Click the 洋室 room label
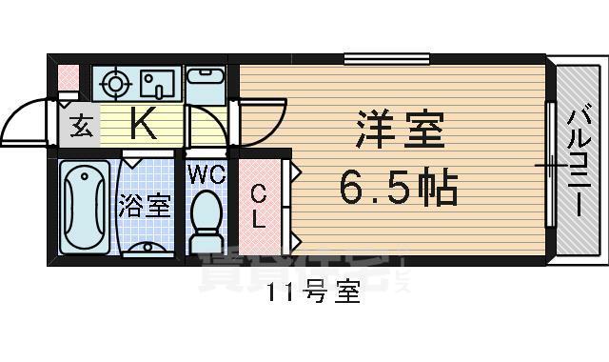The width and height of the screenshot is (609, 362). click(401, 131)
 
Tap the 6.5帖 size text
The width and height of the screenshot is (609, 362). click(399, 188)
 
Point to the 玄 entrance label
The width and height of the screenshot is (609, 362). click(83, 126)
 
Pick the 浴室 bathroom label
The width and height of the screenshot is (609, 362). click(145, 205)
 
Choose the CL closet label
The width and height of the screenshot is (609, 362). click(257, 207)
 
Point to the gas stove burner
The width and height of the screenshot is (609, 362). click(115, 83)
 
